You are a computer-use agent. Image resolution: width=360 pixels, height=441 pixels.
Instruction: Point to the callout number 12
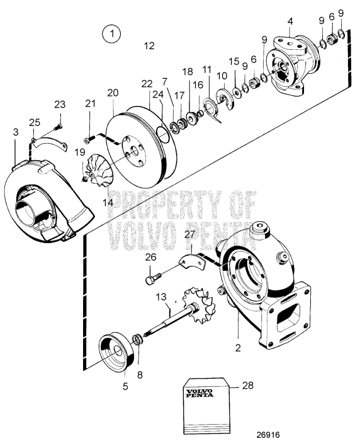(x=149, y=46)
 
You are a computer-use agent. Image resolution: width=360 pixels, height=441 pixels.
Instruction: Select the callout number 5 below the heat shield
(x=125, y=386)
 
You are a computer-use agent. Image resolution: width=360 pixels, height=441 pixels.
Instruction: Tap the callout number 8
(x=140, y=374)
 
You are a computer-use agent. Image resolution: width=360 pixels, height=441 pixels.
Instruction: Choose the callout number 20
(x=113, y=92)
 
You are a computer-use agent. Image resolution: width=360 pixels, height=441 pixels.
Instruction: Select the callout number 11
(x=206, y=69)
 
